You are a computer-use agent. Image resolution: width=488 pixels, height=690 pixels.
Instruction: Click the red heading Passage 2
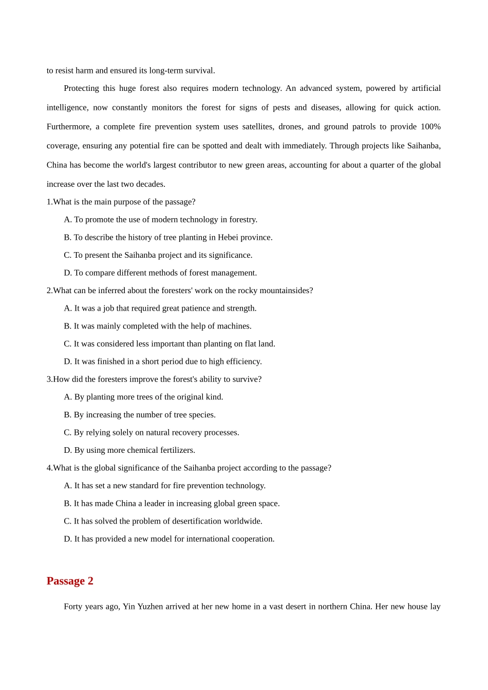(70, 581)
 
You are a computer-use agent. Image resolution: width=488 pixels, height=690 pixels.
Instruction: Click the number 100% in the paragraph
(430, 127)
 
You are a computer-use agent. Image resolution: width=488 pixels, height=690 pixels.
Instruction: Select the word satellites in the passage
(258, 127)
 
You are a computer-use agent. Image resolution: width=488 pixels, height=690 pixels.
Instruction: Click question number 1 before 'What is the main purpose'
(49, 202)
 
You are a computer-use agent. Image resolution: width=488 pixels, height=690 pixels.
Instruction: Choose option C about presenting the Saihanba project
(158, 255)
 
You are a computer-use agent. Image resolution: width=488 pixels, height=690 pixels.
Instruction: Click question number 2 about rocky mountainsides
(49, 291)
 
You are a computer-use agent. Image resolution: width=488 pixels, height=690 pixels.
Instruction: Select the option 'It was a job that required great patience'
(160, 308)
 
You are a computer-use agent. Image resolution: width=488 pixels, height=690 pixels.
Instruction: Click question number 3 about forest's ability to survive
(49, 379)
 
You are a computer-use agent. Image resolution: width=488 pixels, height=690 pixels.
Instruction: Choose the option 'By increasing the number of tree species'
(140, 415)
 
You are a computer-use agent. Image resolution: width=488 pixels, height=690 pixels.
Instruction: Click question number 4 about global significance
(49, 468)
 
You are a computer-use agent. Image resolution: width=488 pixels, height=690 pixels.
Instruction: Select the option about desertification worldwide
(163, 521)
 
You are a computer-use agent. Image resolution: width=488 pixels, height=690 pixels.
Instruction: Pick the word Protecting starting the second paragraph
(81, 88)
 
